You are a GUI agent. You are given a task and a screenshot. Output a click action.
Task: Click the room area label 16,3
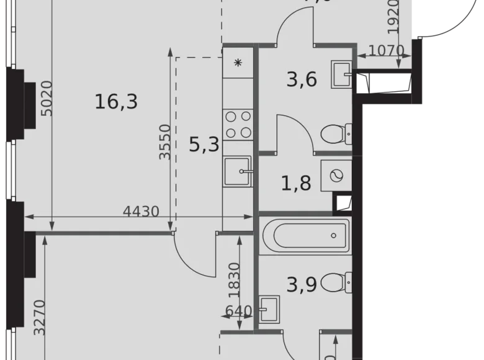116,101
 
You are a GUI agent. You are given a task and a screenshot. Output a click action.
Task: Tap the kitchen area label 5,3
204,145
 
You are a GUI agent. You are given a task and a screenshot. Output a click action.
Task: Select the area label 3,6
302,80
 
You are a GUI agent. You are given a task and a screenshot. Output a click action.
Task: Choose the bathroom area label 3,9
302,284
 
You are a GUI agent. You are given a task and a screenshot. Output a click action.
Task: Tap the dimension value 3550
164,142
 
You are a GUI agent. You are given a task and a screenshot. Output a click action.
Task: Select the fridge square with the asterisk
238,63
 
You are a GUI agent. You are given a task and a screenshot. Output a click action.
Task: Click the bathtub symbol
305,236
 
